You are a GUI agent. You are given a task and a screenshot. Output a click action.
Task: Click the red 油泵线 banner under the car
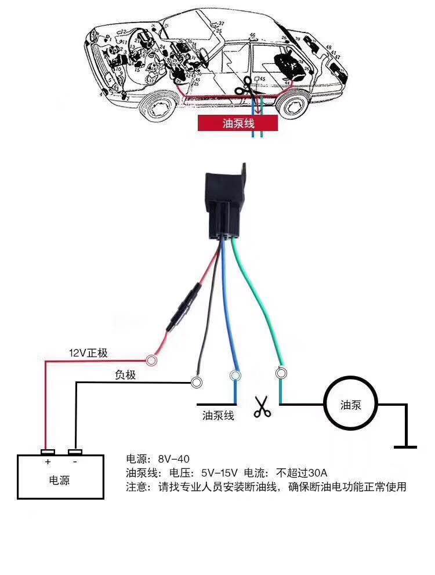point(238,123)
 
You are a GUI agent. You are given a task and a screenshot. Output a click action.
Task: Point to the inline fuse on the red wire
point(184,307)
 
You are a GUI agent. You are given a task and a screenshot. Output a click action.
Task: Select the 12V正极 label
point(88,353)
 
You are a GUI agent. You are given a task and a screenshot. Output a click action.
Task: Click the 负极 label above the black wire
point(125,375)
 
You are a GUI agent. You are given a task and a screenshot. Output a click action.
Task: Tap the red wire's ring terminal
point(153,361)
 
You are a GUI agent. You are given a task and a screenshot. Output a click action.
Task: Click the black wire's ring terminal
point(197,382)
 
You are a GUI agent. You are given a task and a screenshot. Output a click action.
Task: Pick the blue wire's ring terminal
point(235,376)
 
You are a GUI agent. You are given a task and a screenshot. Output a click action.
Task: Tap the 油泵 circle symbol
point(350,405)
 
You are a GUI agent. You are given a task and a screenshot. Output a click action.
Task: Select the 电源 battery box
point(60,476)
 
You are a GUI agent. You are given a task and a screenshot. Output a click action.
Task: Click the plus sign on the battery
point(48,463)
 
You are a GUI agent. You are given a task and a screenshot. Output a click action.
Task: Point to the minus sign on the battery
point(75,463)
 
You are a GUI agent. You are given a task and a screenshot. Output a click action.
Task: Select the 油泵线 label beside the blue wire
point(218,415)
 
